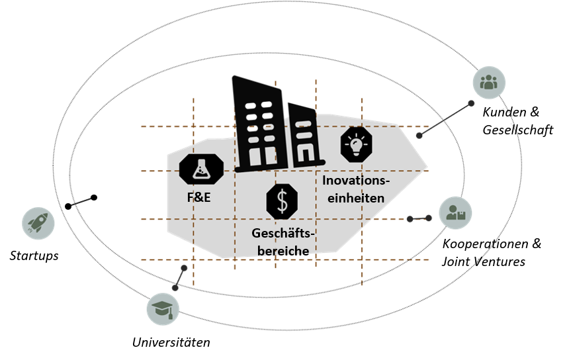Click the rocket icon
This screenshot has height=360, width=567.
tap(38, 222)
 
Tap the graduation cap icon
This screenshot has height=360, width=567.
tap(163, 309)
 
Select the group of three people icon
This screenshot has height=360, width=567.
tap(489, 82)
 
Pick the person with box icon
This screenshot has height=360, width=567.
tap(456, 212)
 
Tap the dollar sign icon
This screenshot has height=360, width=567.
tap(283, 201)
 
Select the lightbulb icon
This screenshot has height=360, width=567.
tap(357, 144)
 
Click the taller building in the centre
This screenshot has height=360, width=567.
tap(256, 126)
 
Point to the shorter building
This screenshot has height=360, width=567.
tap(302, 136)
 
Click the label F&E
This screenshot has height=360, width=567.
tap(198, 198)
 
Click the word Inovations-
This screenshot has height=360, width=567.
tap(357, 181)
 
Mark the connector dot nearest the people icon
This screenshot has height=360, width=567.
tap(472, 103)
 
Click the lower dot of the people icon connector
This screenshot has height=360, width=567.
tap(419, 136)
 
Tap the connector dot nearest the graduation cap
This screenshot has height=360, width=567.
tap(175, 288)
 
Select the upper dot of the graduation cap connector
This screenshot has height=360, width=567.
tap(184, 268)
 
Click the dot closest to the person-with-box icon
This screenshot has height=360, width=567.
tap(429, 218)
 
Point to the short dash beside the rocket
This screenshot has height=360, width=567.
tap(82, 201)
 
